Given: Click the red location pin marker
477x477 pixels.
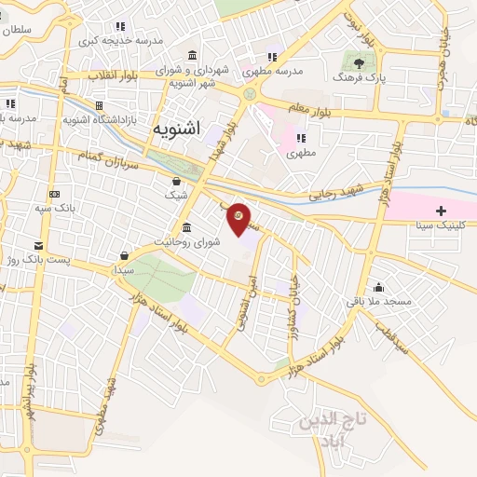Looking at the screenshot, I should click(x=239, y=217).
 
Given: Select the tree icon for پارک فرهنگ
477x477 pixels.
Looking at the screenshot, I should click(x=360, y=62).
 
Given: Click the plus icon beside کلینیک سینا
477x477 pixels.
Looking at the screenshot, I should click(x=442, y=211).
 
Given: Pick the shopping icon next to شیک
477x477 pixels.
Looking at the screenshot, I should click(x=177, y=180).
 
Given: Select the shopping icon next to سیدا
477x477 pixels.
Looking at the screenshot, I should click(x=124, y=254).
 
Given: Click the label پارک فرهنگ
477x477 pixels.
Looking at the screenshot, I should click(x=359, y=78).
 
